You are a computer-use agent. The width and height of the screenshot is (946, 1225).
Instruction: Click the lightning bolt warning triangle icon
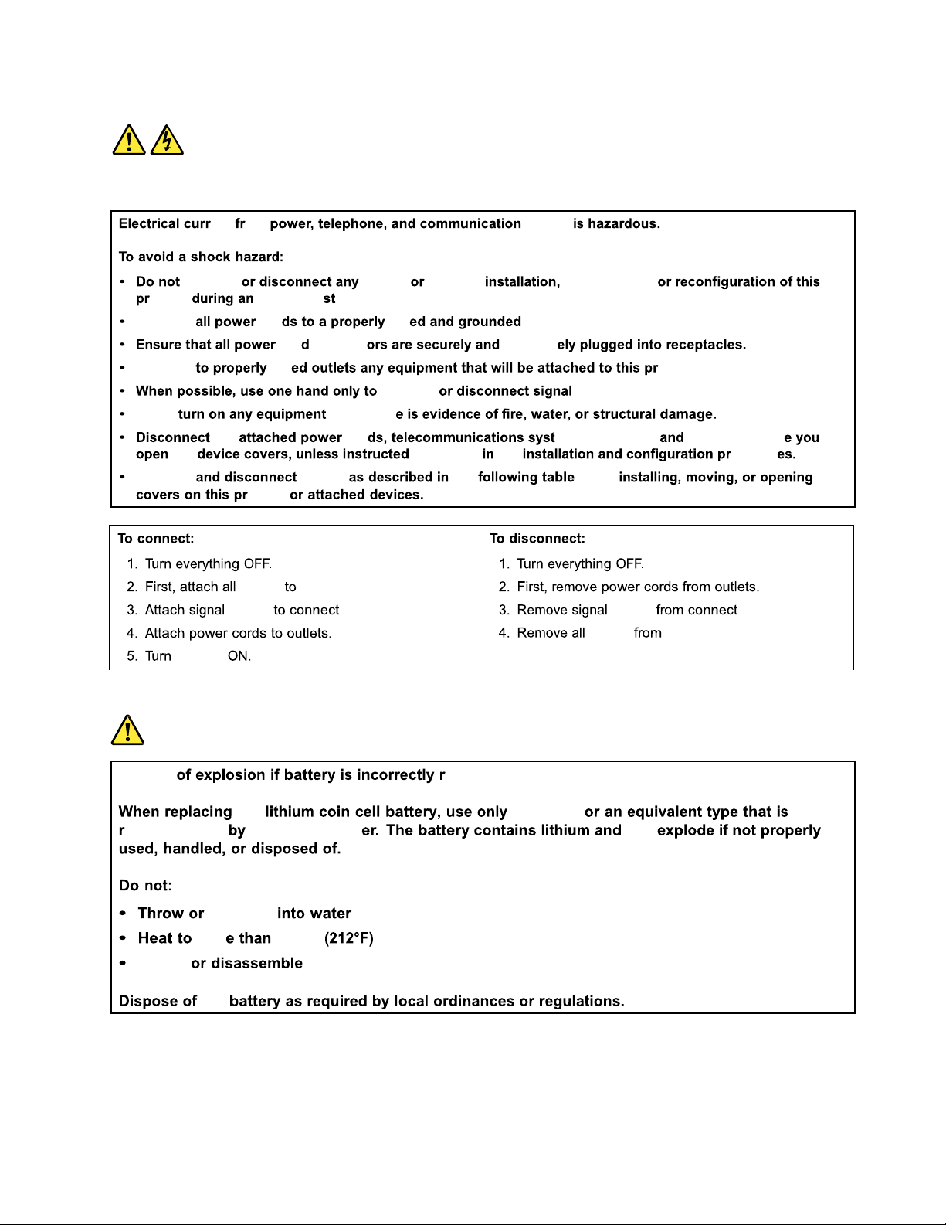click(x=167, y=141)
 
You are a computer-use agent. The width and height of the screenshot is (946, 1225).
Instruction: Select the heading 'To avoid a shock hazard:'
click(x=201, y=257)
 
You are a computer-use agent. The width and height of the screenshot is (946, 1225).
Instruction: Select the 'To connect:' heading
click(x=156, y=539)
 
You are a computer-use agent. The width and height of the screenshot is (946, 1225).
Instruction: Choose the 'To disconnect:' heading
click(x=537, y=539)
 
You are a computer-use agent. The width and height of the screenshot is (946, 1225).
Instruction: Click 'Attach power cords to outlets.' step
click(x=238, y=633)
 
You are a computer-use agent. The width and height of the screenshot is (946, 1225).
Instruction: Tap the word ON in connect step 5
click(x=239, y=656)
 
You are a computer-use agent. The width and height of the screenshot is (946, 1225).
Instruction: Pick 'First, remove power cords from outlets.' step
click(x=638, y=587)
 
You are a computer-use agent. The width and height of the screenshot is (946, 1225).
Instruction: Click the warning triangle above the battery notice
click(x=127, y=730)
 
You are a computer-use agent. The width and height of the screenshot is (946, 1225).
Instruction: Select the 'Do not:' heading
click(x=145, y=886)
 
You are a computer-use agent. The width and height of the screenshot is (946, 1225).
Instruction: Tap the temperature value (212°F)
click(x=348, y=938)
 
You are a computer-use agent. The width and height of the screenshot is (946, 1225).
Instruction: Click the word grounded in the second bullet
click(x=487, y=322)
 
